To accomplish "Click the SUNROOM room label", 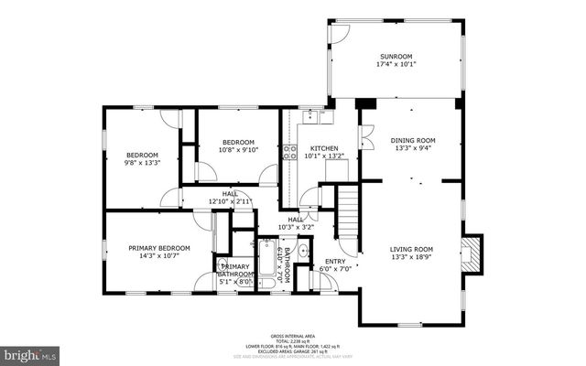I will click(x=396, y=56).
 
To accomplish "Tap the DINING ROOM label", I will click(x=415, y=140).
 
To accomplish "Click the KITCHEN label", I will click(x=324, y=148).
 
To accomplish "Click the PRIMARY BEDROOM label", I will click(x=158, y=248).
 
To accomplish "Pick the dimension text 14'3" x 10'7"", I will click(x=158, y=256).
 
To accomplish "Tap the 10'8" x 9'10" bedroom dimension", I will click(x=238, y=150).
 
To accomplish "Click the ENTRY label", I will click(x=335, y=262).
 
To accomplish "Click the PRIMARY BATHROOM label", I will click(x=234, y=270).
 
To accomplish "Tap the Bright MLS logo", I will click(x=30, y=351).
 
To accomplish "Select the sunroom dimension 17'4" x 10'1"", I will click(x=396, y=64).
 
